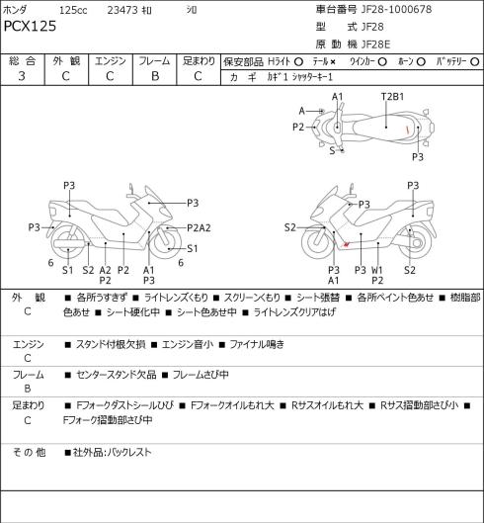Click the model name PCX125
[x=30, y=26]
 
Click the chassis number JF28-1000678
[x=397, y=9]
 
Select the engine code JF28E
[x=375, y=44]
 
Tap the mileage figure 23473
[x=122, y=10]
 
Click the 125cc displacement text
[x=73, y=10]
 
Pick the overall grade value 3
[x=22, y=76]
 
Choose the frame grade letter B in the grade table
[x=155, y=76]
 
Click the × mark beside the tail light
[x=332, y=62]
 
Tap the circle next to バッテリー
[x=475, y=62]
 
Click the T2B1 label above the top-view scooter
[x=392, y=97]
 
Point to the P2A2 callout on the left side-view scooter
[x=199, y=227]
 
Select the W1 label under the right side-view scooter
[x=377, y=270]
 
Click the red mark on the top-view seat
[x=407, y=130]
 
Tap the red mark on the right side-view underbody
[x=347, y=244]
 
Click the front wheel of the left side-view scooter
[x=166, y=242]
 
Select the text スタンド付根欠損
[x=111, y=344]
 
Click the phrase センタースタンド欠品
[x=117, y=375]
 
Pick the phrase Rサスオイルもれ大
[x=327, y=405]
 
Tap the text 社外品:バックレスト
[x=113, y=452]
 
